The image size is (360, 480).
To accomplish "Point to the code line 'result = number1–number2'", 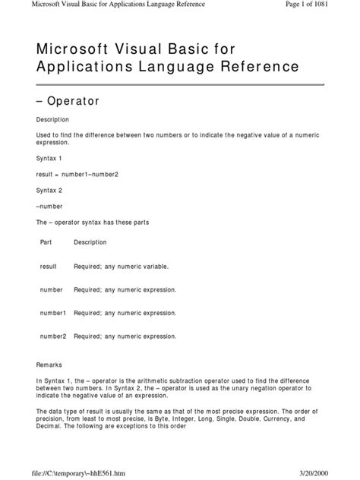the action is (77, 175).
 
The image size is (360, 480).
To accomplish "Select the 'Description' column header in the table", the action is (90, 242).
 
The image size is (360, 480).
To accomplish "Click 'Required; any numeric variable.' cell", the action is (122, 267).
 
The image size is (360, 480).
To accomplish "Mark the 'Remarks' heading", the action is (49, 365).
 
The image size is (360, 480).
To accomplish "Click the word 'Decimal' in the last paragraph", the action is (49, 425).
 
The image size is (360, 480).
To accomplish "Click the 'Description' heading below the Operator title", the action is (53, 119).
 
